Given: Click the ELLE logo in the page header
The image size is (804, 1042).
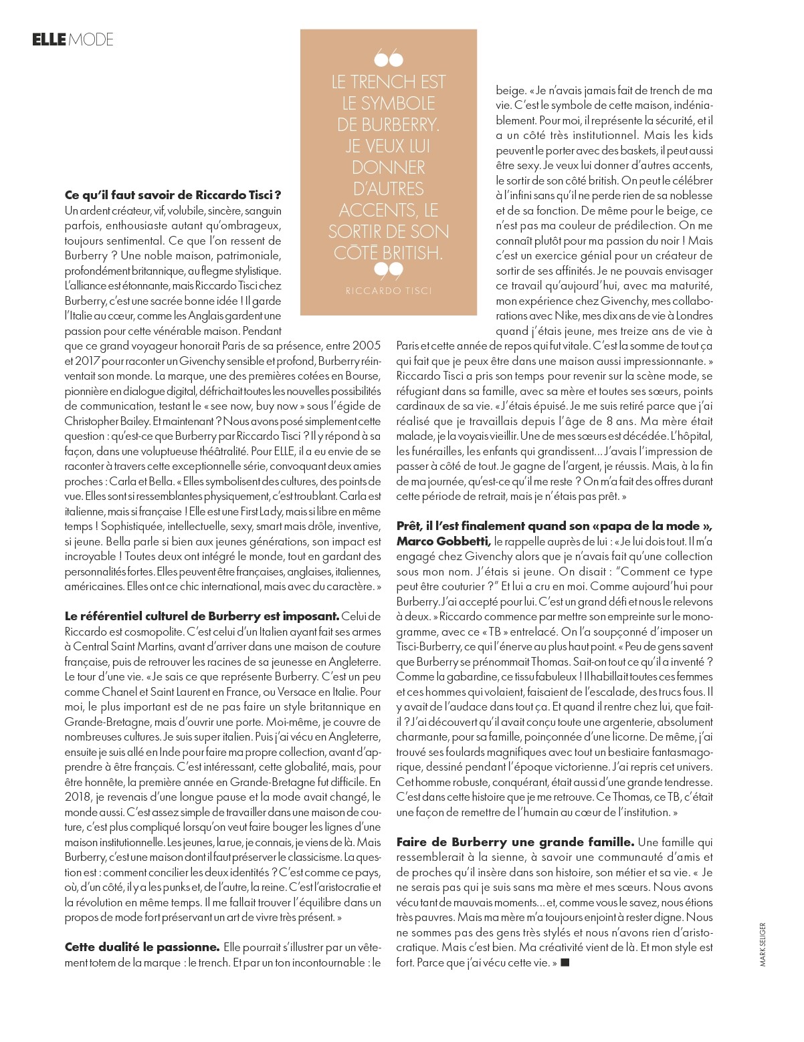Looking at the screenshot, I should (x=49, y=40).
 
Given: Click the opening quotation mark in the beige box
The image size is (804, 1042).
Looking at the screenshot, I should (x=388, y=60).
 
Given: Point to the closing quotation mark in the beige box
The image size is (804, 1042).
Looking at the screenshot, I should (x=388, y=270).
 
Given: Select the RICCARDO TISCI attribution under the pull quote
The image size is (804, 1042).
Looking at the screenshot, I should (x=389, y=291).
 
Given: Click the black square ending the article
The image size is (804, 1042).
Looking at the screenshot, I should (x=565, y=962).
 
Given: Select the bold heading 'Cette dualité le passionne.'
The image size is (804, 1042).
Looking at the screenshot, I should (x=142, y=947).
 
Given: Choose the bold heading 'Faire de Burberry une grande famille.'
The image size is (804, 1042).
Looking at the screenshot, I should (x=515, y=841).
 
